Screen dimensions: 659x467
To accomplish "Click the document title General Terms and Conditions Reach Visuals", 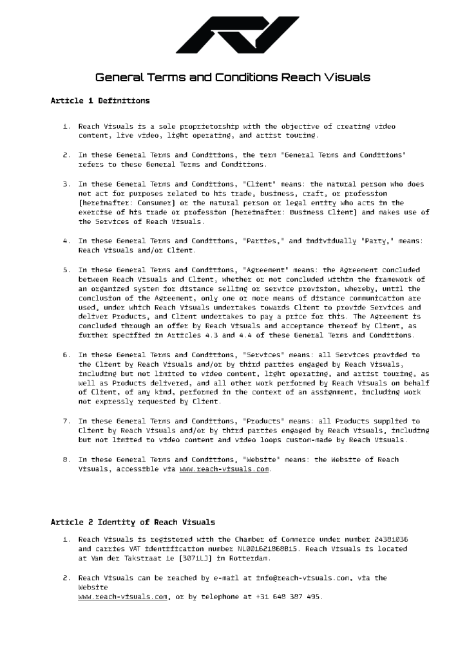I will point(233,78).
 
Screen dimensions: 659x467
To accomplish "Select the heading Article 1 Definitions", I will point(100,101).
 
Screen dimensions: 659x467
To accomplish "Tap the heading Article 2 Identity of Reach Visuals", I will point(133,522).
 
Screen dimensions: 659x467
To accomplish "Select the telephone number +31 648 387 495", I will point(290,597).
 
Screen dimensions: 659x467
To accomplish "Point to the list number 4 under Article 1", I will point(66,241).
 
